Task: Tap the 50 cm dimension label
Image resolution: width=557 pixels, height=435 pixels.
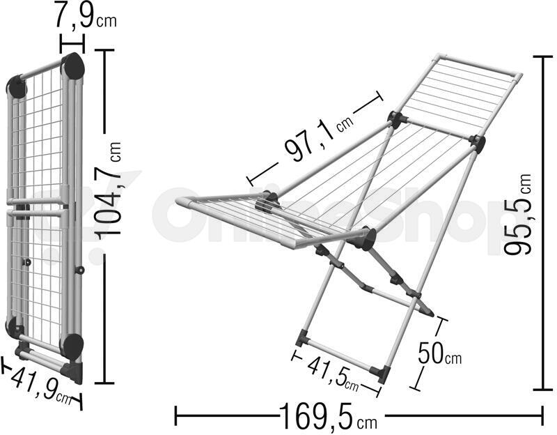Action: pos(440,353)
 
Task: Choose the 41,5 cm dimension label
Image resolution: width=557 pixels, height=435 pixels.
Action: pos(332,374)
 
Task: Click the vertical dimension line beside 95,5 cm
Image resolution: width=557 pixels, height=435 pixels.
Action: pos(543,223)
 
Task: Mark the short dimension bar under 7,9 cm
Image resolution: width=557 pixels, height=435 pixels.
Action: pos(72,44)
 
